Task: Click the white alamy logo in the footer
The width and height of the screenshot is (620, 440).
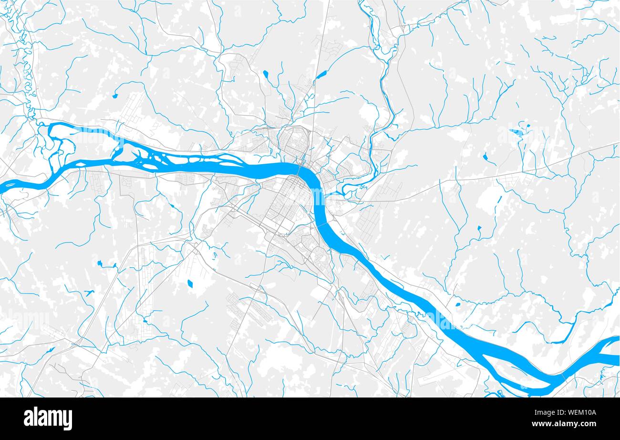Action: (48, 419)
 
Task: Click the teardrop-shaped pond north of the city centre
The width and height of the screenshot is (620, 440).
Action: (265, 74)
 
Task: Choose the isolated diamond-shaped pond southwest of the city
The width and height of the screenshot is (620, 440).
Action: (190, 283)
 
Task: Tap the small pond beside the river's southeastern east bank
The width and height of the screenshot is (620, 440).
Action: (458, 304)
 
